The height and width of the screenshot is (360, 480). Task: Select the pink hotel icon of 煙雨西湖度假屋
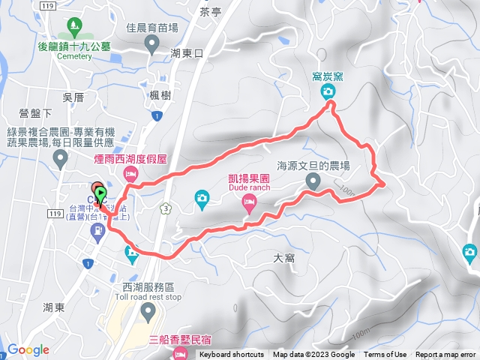[131, 175]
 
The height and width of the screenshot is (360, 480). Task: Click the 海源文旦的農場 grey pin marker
[314, 180]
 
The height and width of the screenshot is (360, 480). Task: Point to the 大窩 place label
[285, 258]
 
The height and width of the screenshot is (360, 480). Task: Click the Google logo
[28, 349]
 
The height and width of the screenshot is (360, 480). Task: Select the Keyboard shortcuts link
[231, 355]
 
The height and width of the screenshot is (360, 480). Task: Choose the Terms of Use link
[385, 355]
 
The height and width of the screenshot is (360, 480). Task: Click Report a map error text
[446, 355]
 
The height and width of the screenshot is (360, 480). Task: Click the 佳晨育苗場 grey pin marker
[152, 46]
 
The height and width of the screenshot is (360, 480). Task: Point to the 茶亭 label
[211, 12]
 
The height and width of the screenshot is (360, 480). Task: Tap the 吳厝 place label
[73, 97]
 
